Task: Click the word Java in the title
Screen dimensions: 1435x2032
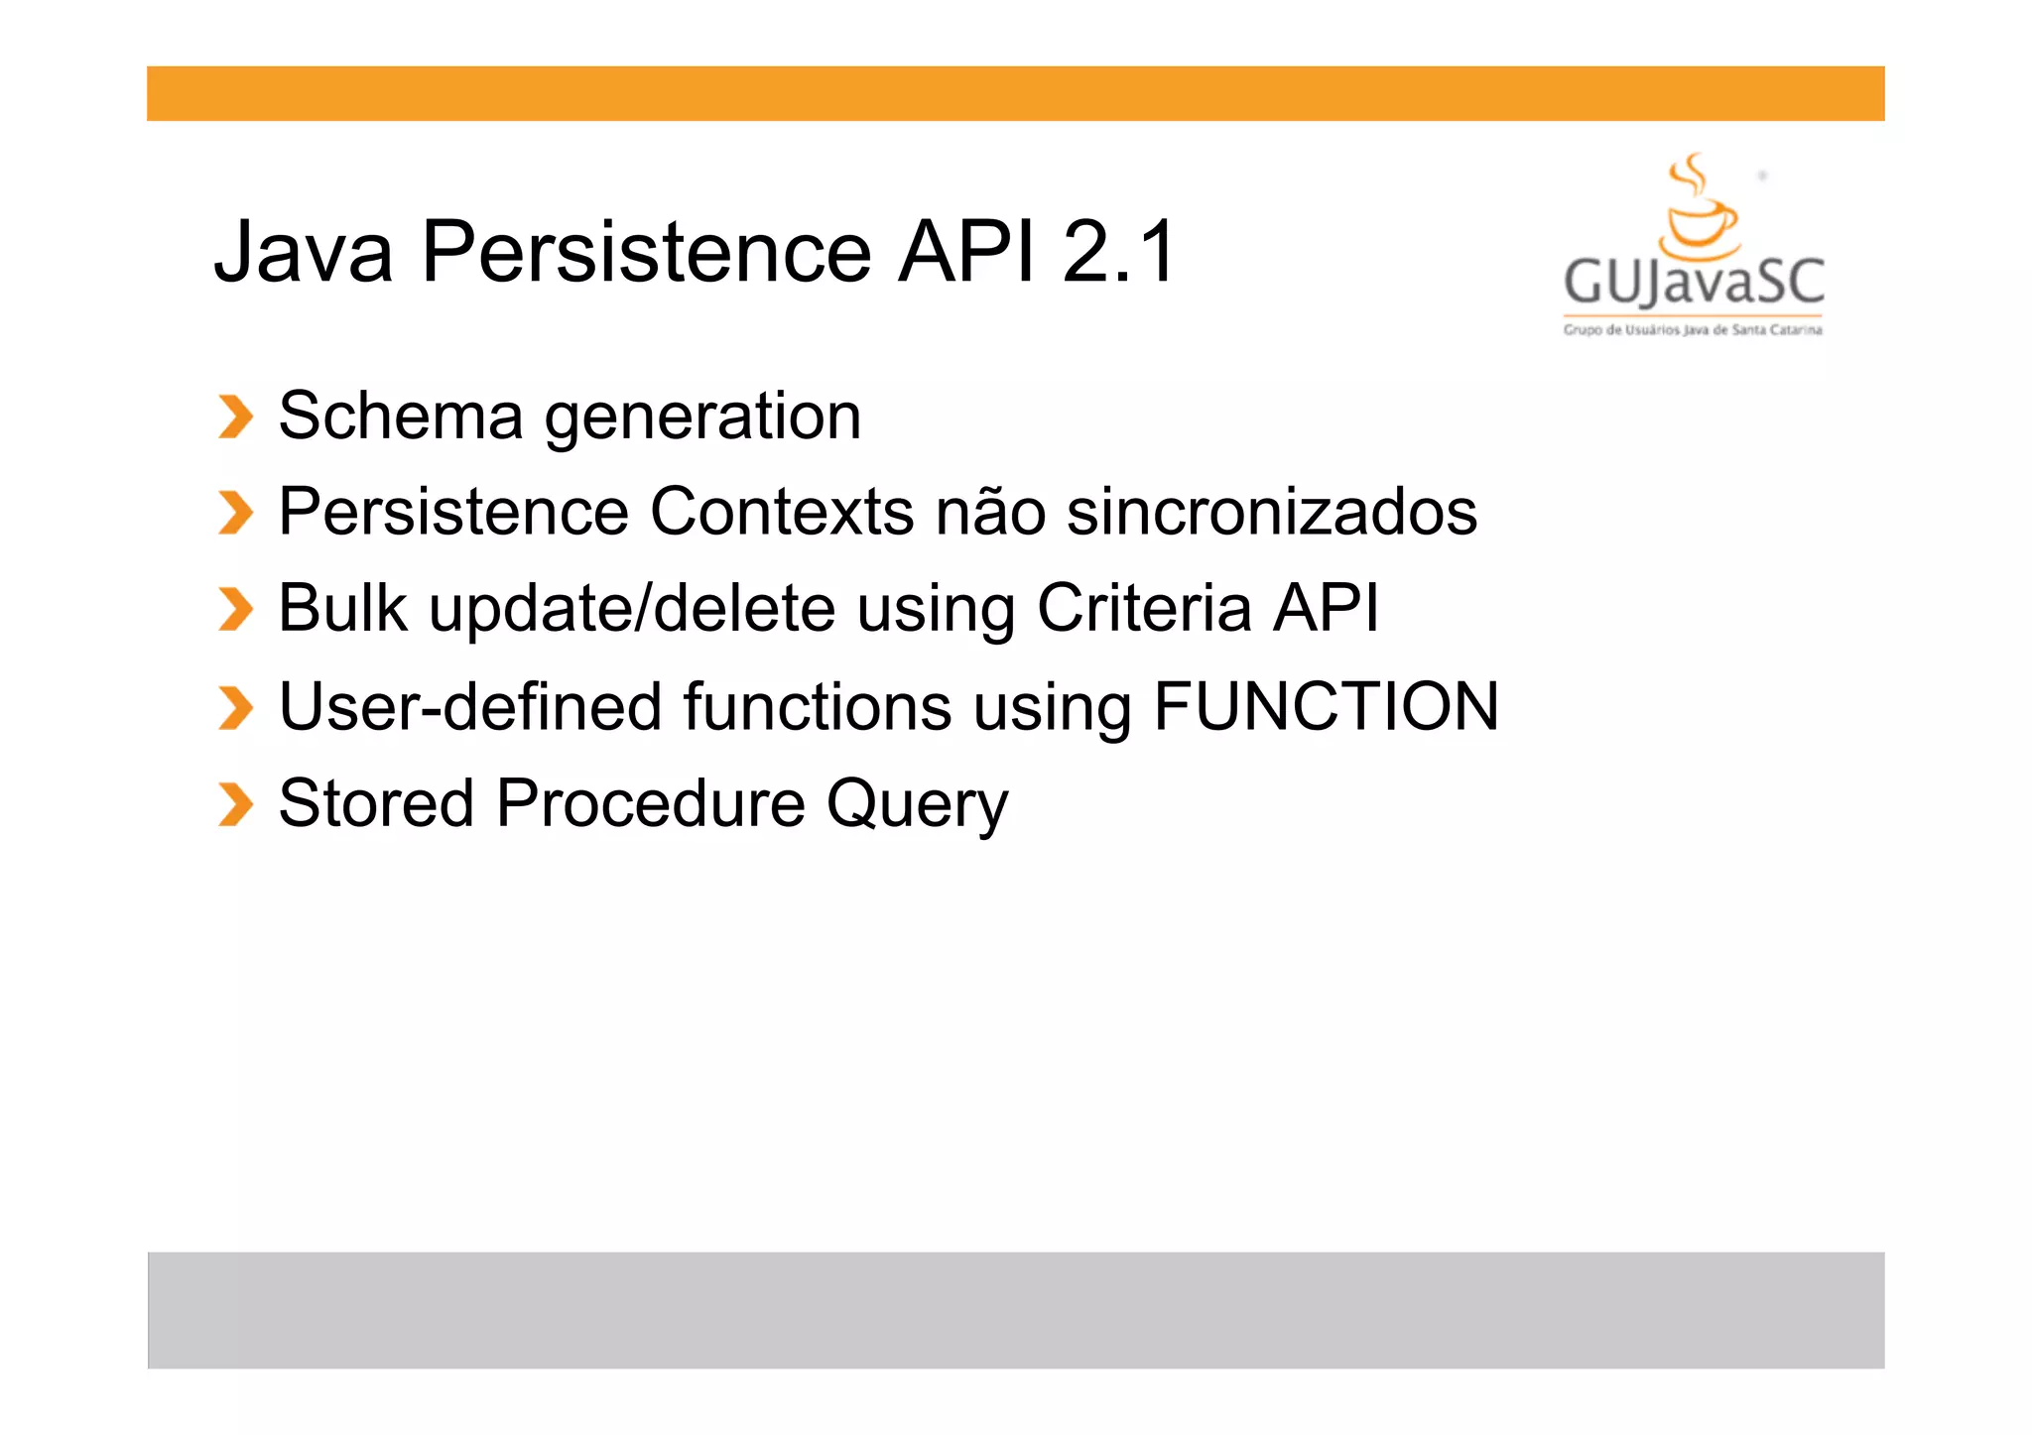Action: point(304,252)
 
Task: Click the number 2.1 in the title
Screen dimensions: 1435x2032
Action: point(1118,252)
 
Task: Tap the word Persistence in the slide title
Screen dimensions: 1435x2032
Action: point(646,252)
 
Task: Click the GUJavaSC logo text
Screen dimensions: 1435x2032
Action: point(1694,282)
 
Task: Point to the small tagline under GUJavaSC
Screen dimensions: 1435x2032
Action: point(1693,330)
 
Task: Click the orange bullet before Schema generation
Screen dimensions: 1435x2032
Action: point(236,417)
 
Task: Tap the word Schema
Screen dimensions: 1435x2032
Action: point(400,416)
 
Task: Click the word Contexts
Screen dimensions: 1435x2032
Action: point(782,512)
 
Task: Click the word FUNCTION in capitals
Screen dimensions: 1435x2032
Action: point(1326,706)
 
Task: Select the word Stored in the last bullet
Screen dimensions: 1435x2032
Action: point(376,802)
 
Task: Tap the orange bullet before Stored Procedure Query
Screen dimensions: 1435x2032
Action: point(236,804)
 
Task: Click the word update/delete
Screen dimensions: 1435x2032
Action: point(632,609)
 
